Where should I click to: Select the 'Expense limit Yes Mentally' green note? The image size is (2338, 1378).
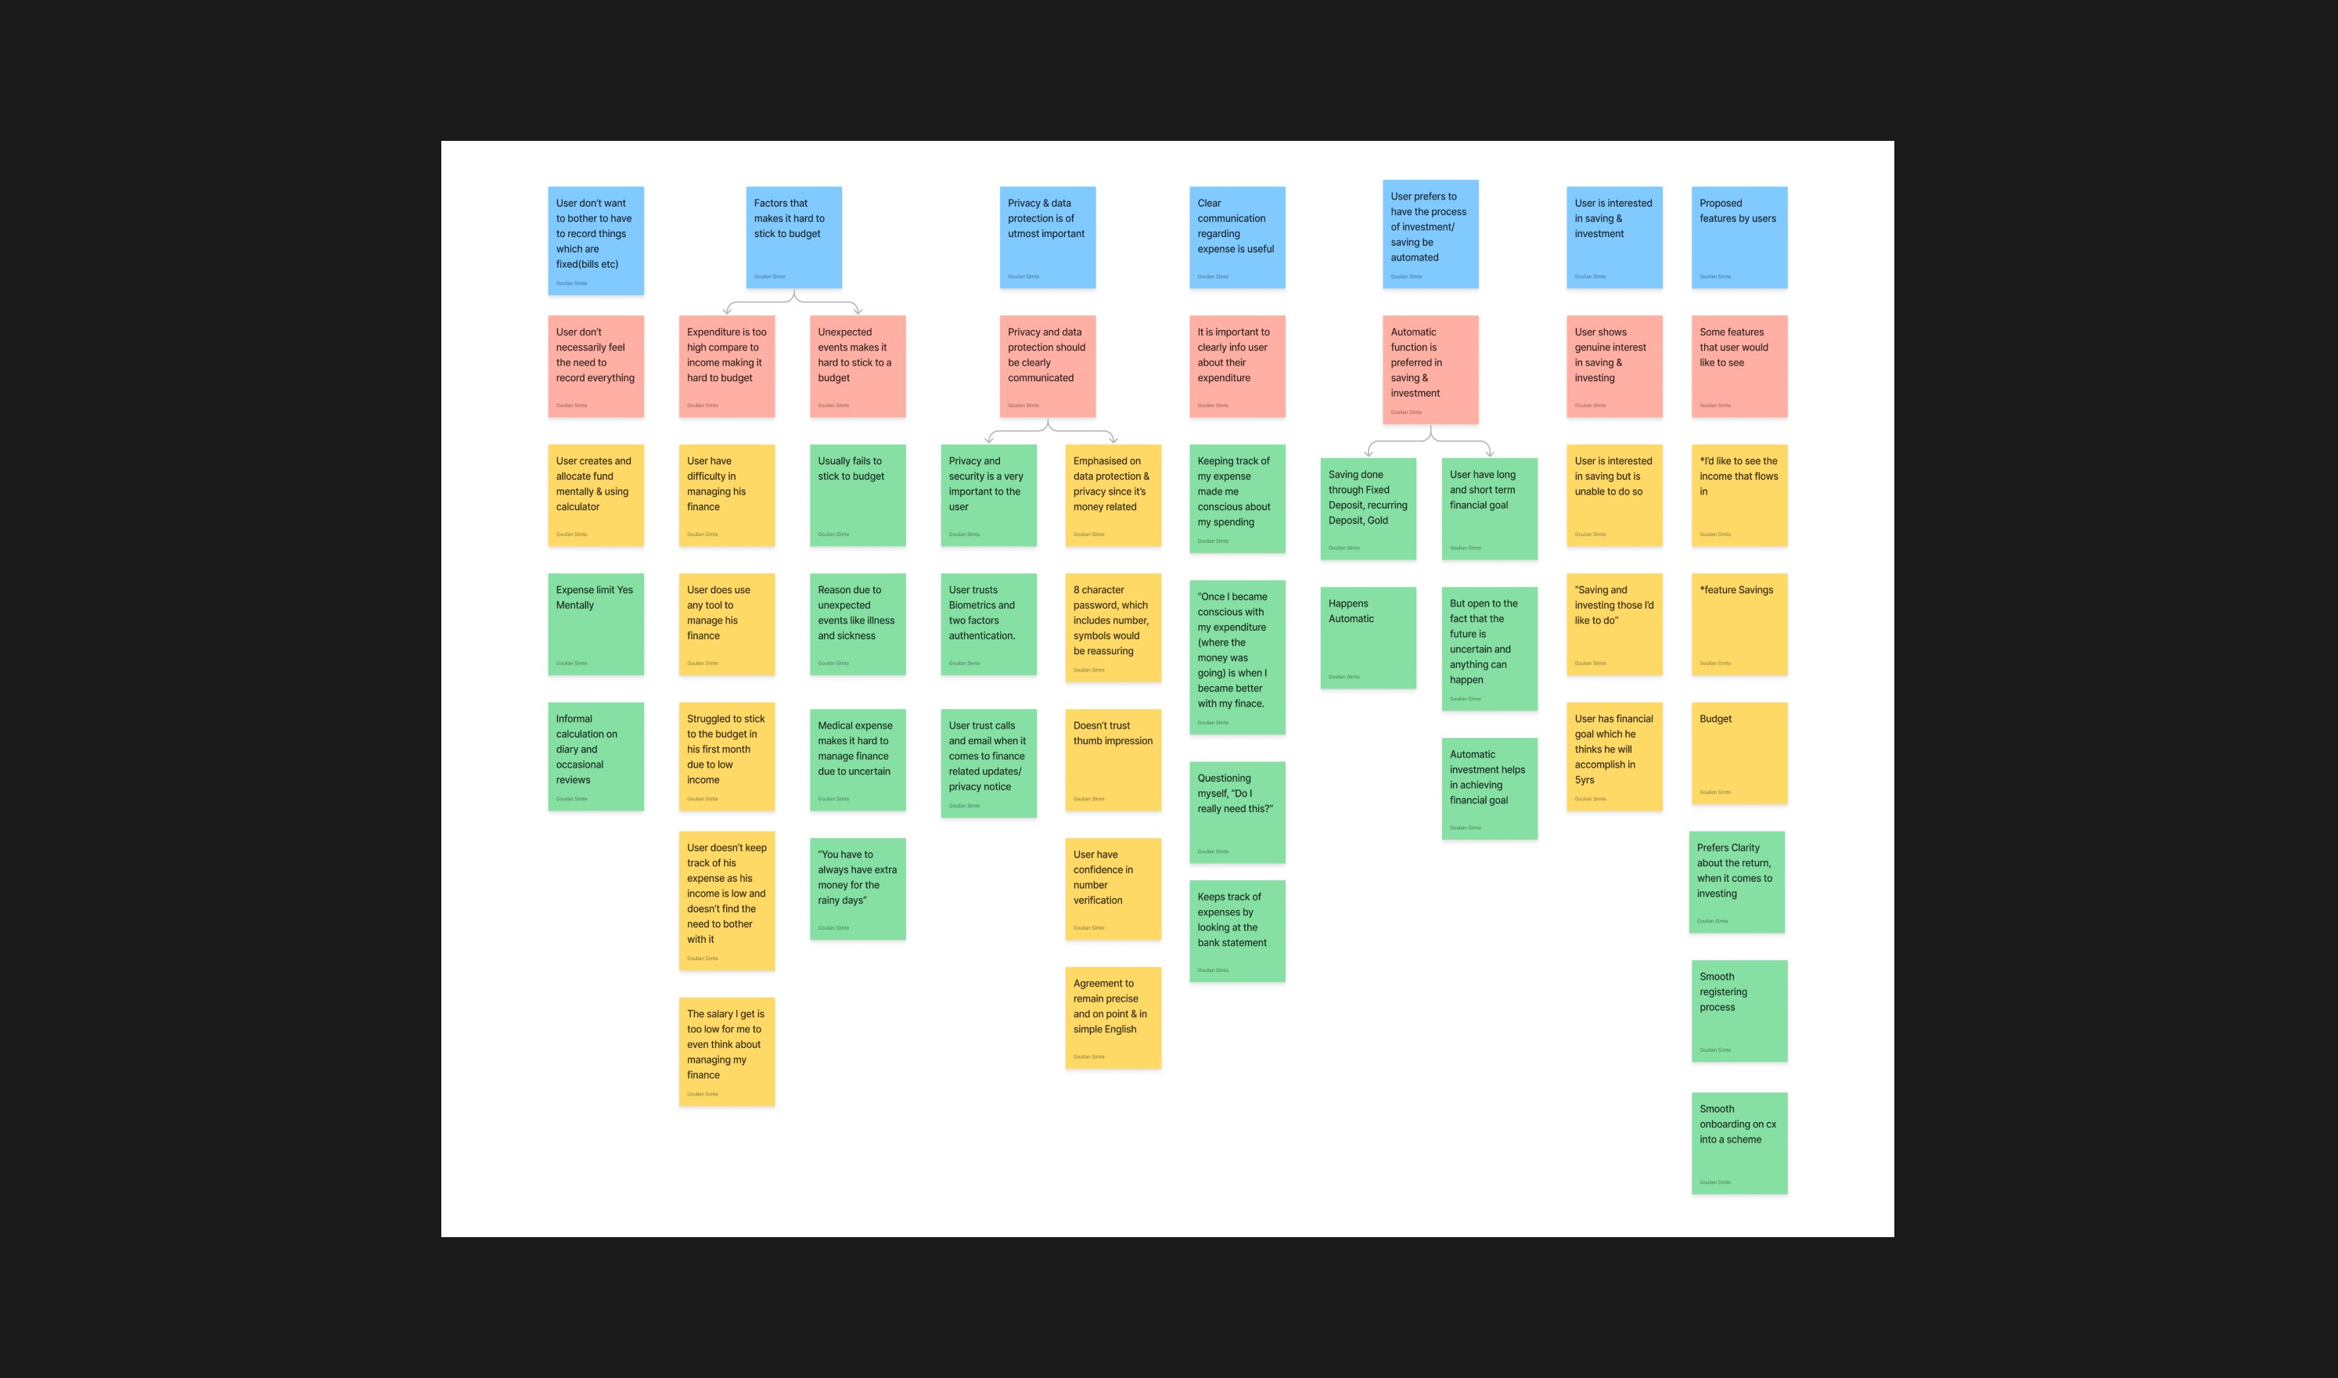595,623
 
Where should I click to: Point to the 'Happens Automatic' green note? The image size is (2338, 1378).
1368,637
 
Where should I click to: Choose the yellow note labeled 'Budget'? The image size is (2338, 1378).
1738,752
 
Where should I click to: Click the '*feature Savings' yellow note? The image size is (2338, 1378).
1738,623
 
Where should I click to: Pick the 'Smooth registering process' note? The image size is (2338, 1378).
1738,1010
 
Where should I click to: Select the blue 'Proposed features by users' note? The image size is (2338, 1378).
1738,237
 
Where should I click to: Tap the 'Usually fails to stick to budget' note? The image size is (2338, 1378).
857,495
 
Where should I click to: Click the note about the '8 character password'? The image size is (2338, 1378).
1113,627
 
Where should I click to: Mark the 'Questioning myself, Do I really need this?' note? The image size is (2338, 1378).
1237,811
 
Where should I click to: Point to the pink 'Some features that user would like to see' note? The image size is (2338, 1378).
1738,366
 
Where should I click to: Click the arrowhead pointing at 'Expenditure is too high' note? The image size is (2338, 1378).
727,310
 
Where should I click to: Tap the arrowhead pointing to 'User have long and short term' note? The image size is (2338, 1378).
1489,452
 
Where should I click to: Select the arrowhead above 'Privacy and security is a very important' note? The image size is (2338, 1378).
989,439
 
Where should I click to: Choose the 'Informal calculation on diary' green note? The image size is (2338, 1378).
595,756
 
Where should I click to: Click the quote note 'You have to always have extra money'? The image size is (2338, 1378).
857,889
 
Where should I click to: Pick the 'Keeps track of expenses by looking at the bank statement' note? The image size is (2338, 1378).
1237,930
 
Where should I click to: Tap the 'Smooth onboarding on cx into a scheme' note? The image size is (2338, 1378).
1738,1142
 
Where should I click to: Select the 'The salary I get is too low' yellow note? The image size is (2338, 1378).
726,1051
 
